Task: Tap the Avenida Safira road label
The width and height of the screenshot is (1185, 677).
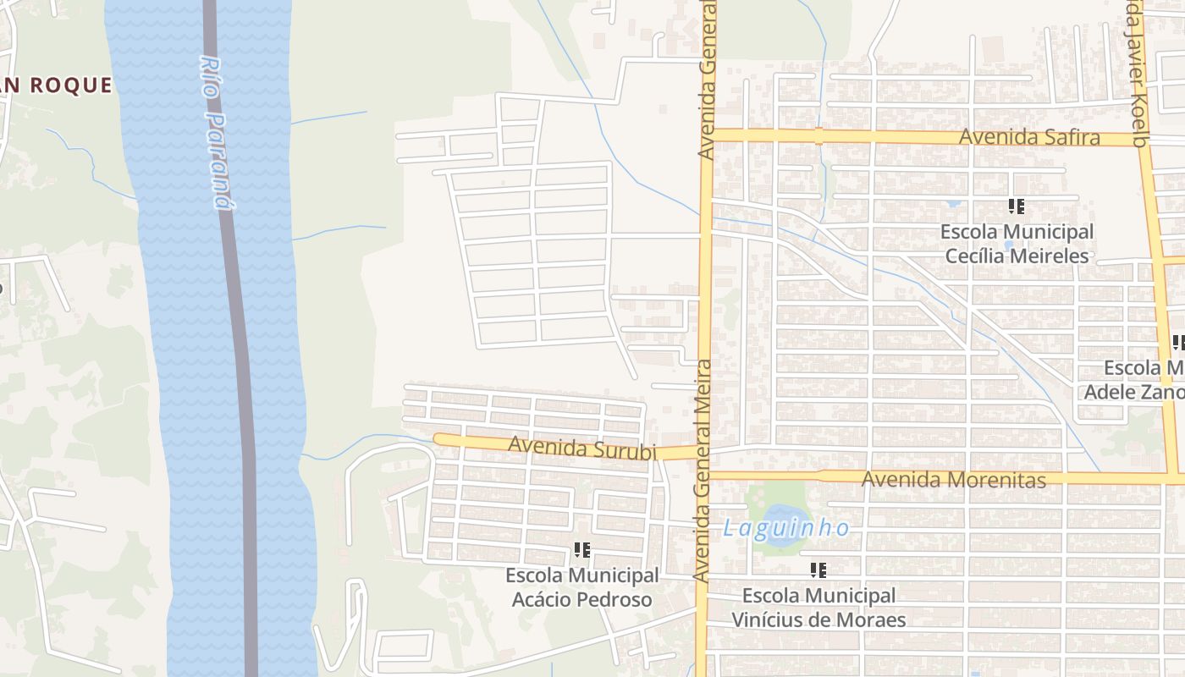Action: point(1029,137)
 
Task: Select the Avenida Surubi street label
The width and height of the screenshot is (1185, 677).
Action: point(582,447)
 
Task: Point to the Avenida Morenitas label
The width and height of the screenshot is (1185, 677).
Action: point(953,480)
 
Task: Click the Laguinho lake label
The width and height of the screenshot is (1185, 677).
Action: point(786,529)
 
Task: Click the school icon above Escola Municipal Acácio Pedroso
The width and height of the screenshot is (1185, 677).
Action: point(581,550)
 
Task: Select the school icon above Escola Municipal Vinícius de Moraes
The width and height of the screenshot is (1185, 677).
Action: point(818,570)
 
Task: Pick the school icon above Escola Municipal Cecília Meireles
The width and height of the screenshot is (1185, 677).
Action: point(1017,206)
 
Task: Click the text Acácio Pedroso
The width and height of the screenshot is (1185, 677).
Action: point(581,600)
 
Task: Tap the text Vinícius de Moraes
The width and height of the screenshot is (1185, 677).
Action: point(818,619)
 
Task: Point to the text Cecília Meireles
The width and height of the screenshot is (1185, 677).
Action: point(1017,255)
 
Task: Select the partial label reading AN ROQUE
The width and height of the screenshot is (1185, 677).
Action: point(56,85)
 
